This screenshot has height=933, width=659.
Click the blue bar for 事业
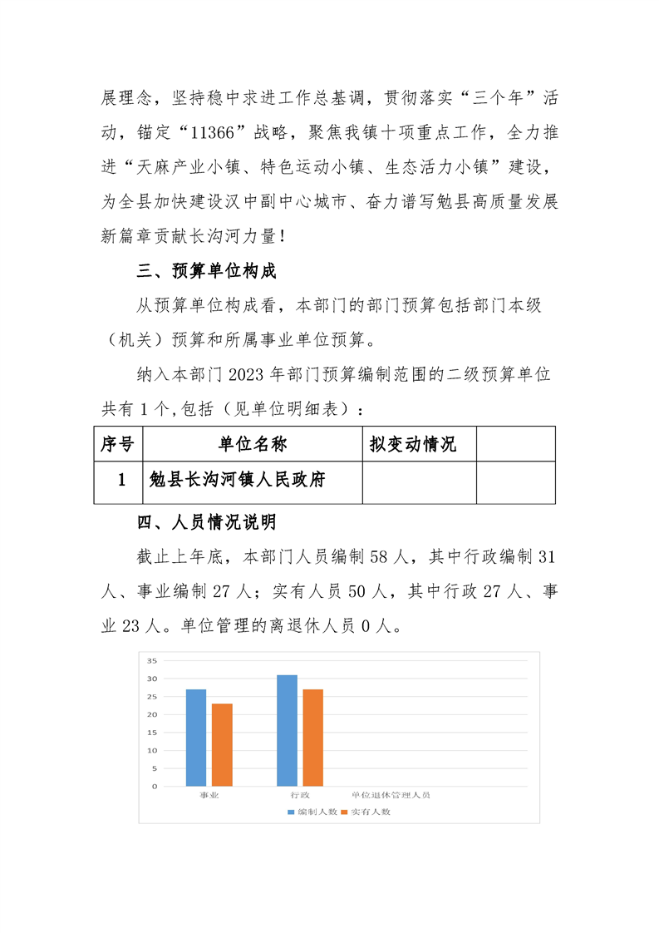pos(195,738)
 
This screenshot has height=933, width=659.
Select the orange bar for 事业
pos(222,745)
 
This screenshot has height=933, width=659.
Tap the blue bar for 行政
pos(287,730)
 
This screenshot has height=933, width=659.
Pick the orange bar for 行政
pos(312,738)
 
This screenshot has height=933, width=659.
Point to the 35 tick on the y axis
pos(152,661)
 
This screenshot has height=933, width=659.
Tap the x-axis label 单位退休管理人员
pos(391,796)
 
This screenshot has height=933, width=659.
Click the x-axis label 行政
pos(300,796)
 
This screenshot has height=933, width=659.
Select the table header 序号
pos(118,444)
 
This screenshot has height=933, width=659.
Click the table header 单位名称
pos(253,444)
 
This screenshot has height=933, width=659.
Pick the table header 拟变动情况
pos(413,444)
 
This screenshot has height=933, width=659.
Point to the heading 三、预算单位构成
pos(206,272)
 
